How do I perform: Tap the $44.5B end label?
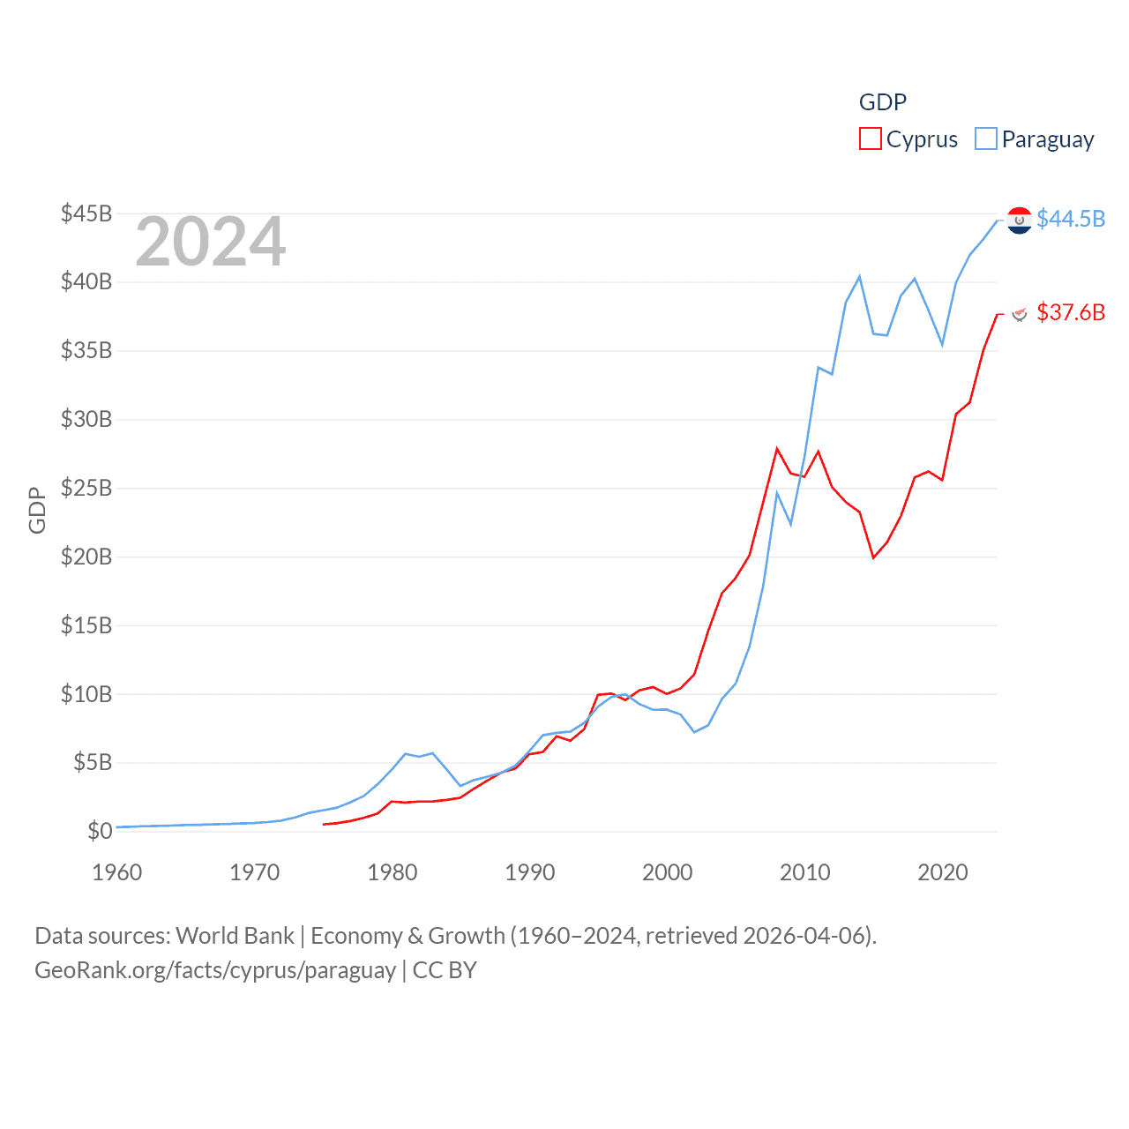click(x=1071, y=219)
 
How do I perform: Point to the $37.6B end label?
click(x=1071, y=312)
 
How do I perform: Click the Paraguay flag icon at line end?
click(x=1020, y=220)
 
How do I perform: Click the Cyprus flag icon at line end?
click(x=1020, y=313)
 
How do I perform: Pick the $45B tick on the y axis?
click(x=86, y=213)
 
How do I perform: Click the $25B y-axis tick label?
click(x=86, y=488)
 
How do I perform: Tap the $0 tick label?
click(x=100, y=831)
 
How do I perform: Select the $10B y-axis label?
click(x=86, y=694)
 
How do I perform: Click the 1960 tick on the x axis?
click(x=116, y=872)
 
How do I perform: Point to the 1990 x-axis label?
click(x=529, y=872)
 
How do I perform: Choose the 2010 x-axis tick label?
click(x=804, y=872)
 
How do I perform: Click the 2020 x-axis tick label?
click(x=942, y=872)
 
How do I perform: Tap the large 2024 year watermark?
click(x=210, y=242)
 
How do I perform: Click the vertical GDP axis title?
click(x=37, y=510)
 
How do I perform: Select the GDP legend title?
click(x=882, y=102)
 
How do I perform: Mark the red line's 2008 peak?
click(x=777, y=449)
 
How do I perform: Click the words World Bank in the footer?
click(x=235, y=935)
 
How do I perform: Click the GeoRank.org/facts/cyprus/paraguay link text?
click(x=215, y=970)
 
